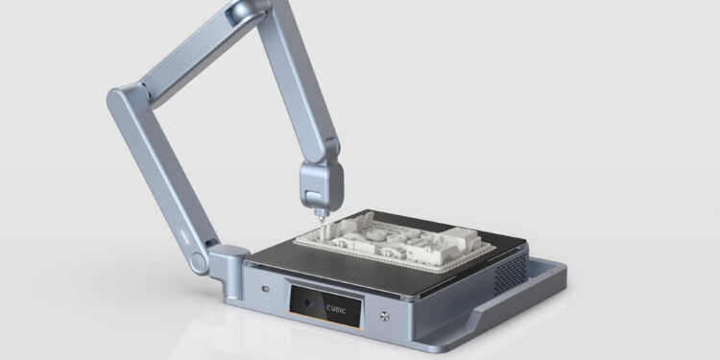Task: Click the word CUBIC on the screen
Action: (336, 309)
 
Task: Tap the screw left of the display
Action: (265, 288)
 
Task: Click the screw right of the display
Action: (384, 316)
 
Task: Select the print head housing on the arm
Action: (321, 186)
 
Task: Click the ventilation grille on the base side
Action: (511, 274)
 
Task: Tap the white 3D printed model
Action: (394, 242)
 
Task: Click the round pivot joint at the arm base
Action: (199, 263)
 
